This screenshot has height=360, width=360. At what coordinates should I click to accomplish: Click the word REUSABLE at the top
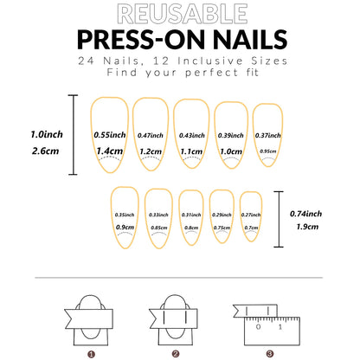180,13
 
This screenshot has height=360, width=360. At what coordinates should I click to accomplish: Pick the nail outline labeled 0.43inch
191,136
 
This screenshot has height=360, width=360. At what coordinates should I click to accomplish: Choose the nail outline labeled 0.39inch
231,136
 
